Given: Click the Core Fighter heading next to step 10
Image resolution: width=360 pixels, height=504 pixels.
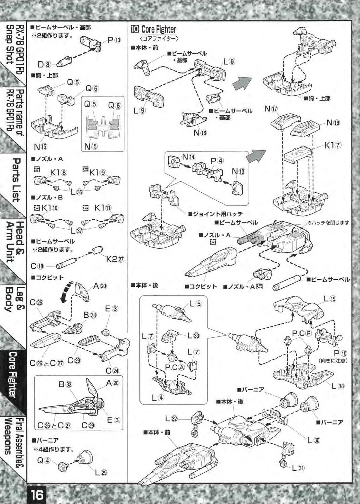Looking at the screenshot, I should pyautogui.click(x=158, y=29).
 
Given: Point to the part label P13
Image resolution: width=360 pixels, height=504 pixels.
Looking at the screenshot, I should pyautogui.click(x=114, y=40).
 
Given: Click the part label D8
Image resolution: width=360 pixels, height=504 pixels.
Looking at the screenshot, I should pyautogui.click(x=44, y=65).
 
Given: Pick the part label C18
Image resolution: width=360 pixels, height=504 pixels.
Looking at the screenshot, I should pyautogui.click(x=37, y=266).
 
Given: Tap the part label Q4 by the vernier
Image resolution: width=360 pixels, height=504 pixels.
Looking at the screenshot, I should pyautogui.click(x=43, y=460).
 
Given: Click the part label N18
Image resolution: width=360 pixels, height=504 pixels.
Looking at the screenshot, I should pyautogui.click(x=333, y=123).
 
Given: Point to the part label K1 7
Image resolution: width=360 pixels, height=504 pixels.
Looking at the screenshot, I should pyautogui.click(x=333, y=145).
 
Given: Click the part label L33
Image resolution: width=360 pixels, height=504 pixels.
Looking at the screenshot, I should pyautogui.click(x=193, y=335).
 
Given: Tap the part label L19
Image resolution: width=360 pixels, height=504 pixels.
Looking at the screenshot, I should pyautogui.click(x=330, y=298).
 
